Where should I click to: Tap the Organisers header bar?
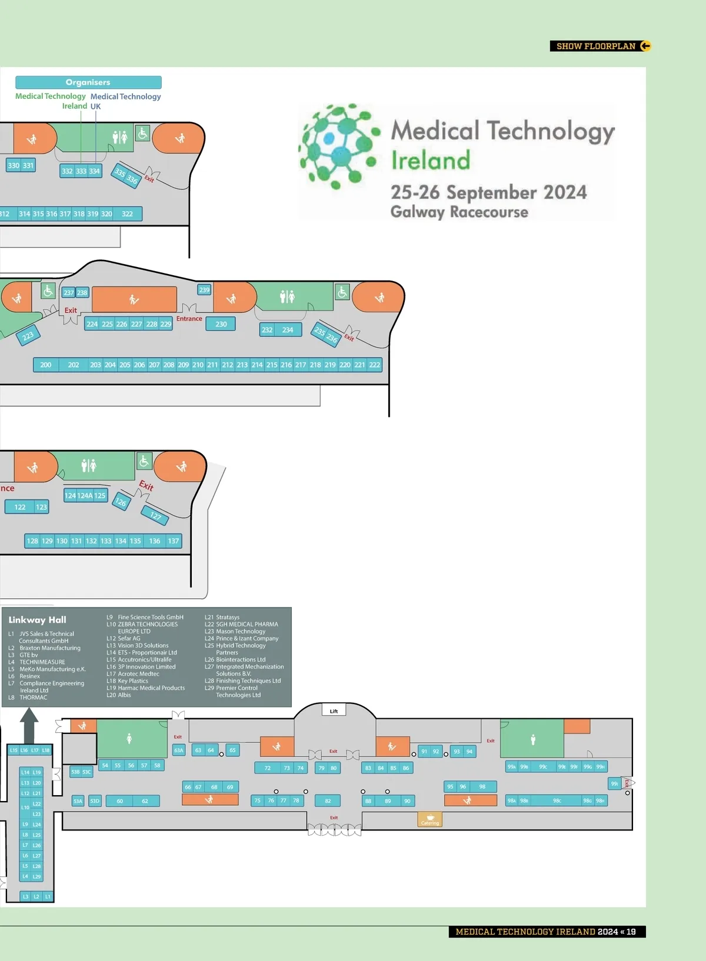tap(88, 82)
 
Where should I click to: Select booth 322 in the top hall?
tap(127, 213)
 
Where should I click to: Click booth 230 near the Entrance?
tap(221, 324)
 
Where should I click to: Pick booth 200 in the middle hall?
tap(46, 365)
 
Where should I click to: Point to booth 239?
tap(204, 290)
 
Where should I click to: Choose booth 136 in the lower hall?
tap(154, 541)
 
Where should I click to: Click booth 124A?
tap(85, 496)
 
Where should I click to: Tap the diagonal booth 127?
tap(155, 516)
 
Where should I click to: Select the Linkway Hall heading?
tap(37, 620)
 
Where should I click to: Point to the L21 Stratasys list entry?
tap(222, 618)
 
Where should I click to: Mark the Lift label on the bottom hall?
tap(334, 711)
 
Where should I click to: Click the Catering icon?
tap(429, 819)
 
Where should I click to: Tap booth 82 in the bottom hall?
tap(328, 800)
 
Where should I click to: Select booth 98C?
tap(557, 800)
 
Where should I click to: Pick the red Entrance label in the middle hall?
tap(189, 319)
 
